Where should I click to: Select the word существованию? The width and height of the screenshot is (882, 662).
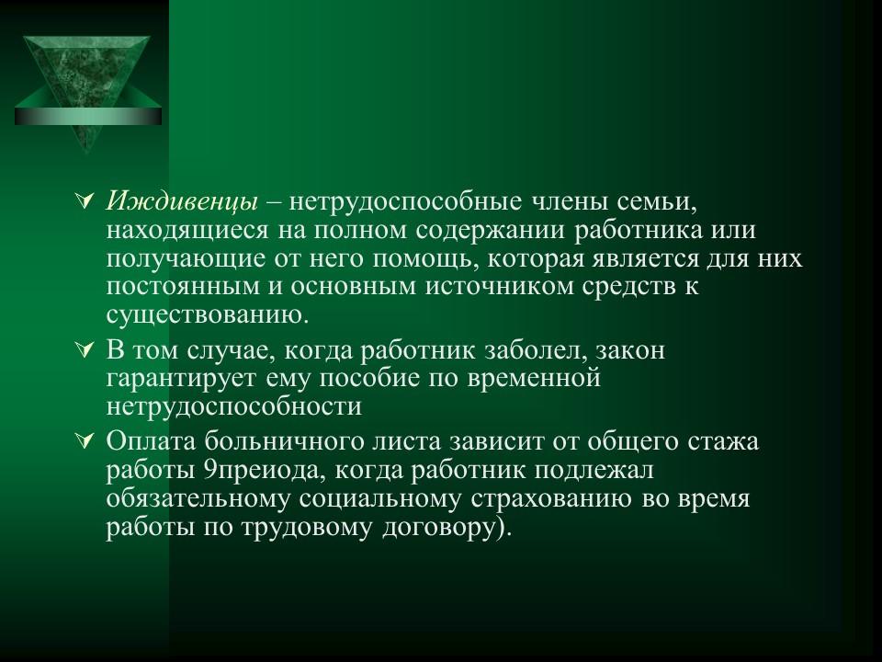point(203,315)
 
